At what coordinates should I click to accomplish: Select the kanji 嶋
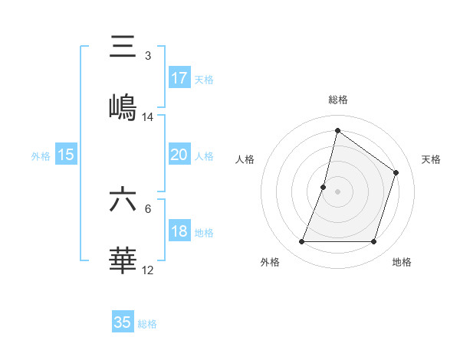tap(123, 106)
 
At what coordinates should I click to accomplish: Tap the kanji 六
tap(123, 199)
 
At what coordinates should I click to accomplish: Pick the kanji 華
tap(123, 260)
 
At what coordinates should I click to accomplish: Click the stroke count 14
tap(148, 117)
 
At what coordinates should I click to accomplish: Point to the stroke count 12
tap(148, 270)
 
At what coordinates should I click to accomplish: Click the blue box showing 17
tap(179, 78)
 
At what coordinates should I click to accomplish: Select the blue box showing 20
tap(179, 155)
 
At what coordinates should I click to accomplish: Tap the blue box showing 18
tap(179, 231)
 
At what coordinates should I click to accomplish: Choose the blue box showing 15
tap(66, 155)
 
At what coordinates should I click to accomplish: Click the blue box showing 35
tap(123, 322)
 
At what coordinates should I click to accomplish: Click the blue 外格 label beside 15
tap(41, 155)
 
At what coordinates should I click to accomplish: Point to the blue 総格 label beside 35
tap(147, 324)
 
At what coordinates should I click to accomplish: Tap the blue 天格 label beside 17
tap(204, 80)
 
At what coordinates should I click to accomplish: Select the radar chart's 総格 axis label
tap(338, 100)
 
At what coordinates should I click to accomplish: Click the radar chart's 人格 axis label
tap(245, 159)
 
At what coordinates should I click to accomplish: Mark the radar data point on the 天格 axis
tap(396, 172)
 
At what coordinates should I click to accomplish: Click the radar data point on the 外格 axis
tap(301, 242)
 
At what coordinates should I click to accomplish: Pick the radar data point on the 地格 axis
tap(374, 242)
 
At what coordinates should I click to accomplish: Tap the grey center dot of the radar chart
tap(337, 191)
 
